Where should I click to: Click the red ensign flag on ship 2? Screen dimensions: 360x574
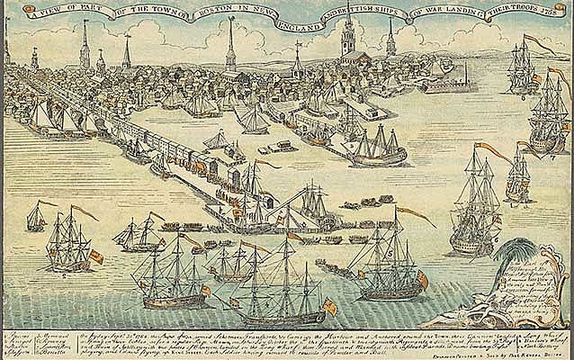95,256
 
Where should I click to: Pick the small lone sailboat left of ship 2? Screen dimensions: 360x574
36,218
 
